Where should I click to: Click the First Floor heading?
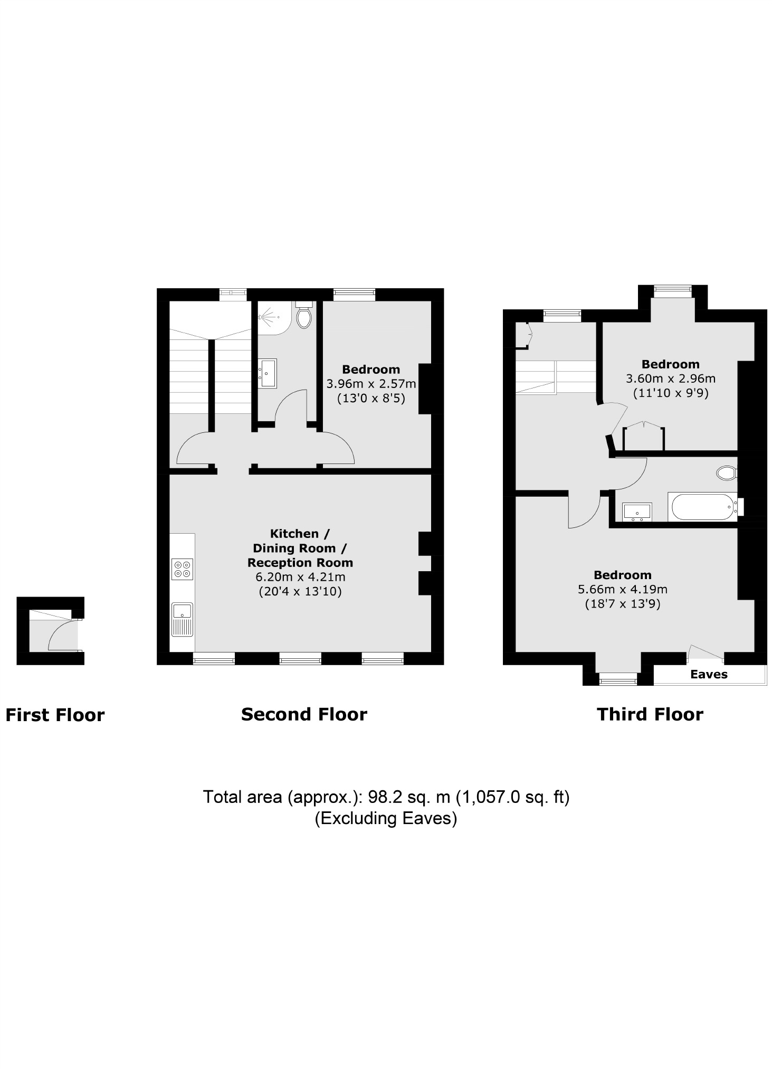pos(55,715)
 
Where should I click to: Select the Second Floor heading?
pos(304,714)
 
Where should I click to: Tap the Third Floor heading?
pos(650,714)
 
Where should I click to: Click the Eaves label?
pos(709,674)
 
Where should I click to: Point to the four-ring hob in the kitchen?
pos(183,569)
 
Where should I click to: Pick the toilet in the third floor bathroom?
pos(727,472)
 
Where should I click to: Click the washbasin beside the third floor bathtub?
pos(637,512)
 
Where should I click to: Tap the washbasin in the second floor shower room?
pos(268,373)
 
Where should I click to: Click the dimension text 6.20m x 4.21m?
pos(300,577)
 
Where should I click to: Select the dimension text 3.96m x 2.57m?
pos(371,384)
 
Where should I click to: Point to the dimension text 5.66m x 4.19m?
pos(623,589)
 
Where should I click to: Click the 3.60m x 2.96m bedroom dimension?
pos(670,379)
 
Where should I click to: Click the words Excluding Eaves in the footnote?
pos(386,818)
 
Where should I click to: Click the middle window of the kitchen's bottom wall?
pos(300,658)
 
